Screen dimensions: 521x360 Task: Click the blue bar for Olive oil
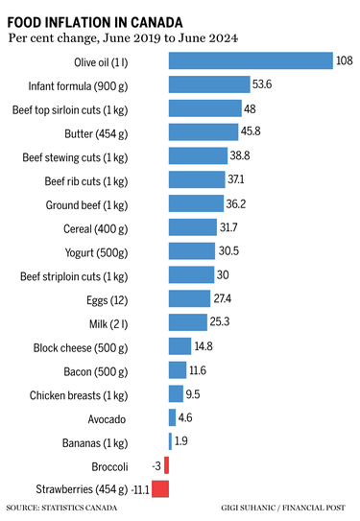pyautogui.click(x=250, y=61)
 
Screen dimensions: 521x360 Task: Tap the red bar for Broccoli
pyautogui.click(x=166, y=464)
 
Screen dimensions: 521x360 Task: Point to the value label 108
pyautogui.click(x=345, y=61)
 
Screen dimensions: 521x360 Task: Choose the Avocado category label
pyautogui.click(x=140, y=418)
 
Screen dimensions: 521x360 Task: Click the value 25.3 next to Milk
pyautogui.click(x=222, y=322)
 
